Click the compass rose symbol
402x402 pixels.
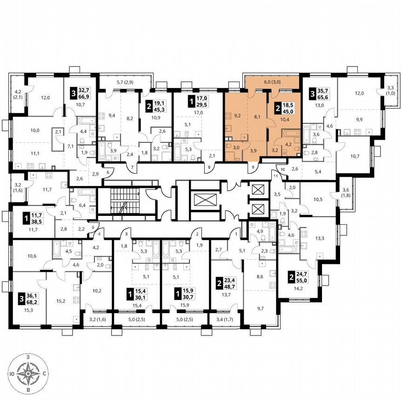pyautogui.click(x=29, y=373)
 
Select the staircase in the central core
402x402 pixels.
pyautogui.click(x=125, y=201)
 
